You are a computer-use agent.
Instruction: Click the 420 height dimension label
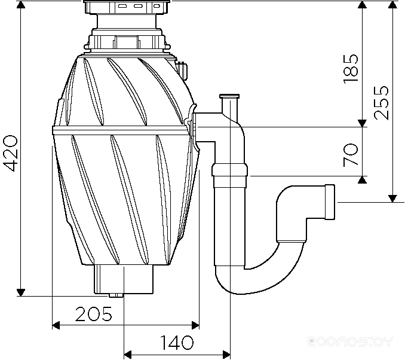click(x=11, y=153)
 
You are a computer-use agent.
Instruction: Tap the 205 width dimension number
click(x=94, y=314)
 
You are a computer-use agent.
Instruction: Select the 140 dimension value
click(x=177, y=343)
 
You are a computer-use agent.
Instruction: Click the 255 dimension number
click(x=381, y=103)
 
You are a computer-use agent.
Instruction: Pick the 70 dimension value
click(x=351, y=155)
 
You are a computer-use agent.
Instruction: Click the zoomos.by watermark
click(x=350, y=341)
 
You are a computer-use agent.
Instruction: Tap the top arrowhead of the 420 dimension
click(x=21, y=4)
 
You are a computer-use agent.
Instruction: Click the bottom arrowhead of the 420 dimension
click(x=21, y=292)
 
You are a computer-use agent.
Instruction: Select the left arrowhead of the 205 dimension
click(x=56, y=325)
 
